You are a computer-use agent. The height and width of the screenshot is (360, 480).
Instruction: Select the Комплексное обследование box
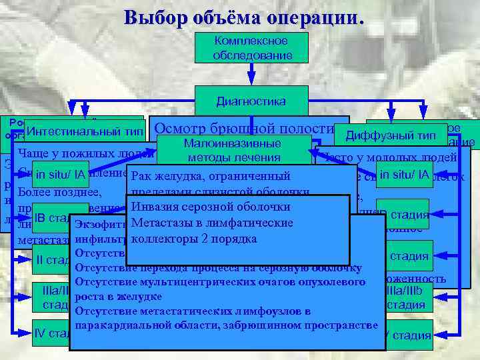(x=252, y=47)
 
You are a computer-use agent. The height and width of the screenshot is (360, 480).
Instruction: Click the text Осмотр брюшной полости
(x=243, y=128)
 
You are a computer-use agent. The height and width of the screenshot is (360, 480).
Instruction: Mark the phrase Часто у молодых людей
(x=389, y=157)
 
